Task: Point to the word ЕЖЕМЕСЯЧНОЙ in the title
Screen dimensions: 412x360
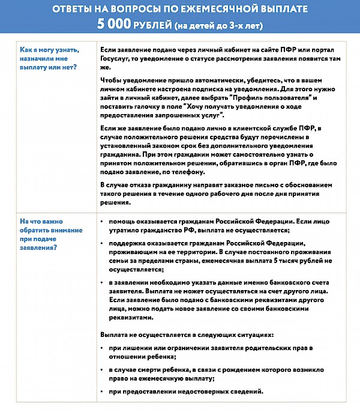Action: tap(227, 10)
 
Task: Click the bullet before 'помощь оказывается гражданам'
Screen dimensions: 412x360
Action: tap(103, 222)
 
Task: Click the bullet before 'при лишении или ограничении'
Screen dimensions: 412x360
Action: tap(103, 348)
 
